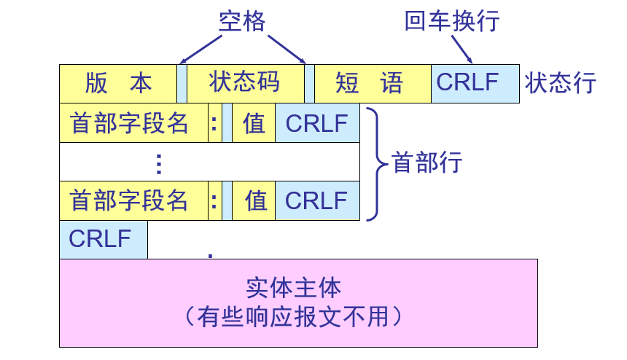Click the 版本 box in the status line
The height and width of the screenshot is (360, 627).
coord(118,83)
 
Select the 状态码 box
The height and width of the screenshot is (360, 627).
coord(245,83)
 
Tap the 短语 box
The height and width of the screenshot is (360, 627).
coord(373,83)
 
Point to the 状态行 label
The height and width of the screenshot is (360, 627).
coord(560,83)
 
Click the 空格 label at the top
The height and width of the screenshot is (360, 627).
coord(242,22)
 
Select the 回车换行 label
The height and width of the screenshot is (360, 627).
coord(452,21)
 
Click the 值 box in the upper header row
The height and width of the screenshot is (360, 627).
coord(254,122)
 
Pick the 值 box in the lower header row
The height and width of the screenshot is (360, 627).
coord(254,200)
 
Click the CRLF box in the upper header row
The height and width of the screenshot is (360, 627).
coord(317,122)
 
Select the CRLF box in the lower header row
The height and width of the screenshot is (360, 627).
coord(317,200)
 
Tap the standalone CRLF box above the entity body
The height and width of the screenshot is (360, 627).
coord(103,239)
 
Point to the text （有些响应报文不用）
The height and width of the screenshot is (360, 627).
coord(293,316)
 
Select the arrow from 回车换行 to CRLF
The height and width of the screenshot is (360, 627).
coord(462,49)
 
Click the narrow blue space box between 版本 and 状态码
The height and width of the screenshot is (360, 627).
coord(182,83)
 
